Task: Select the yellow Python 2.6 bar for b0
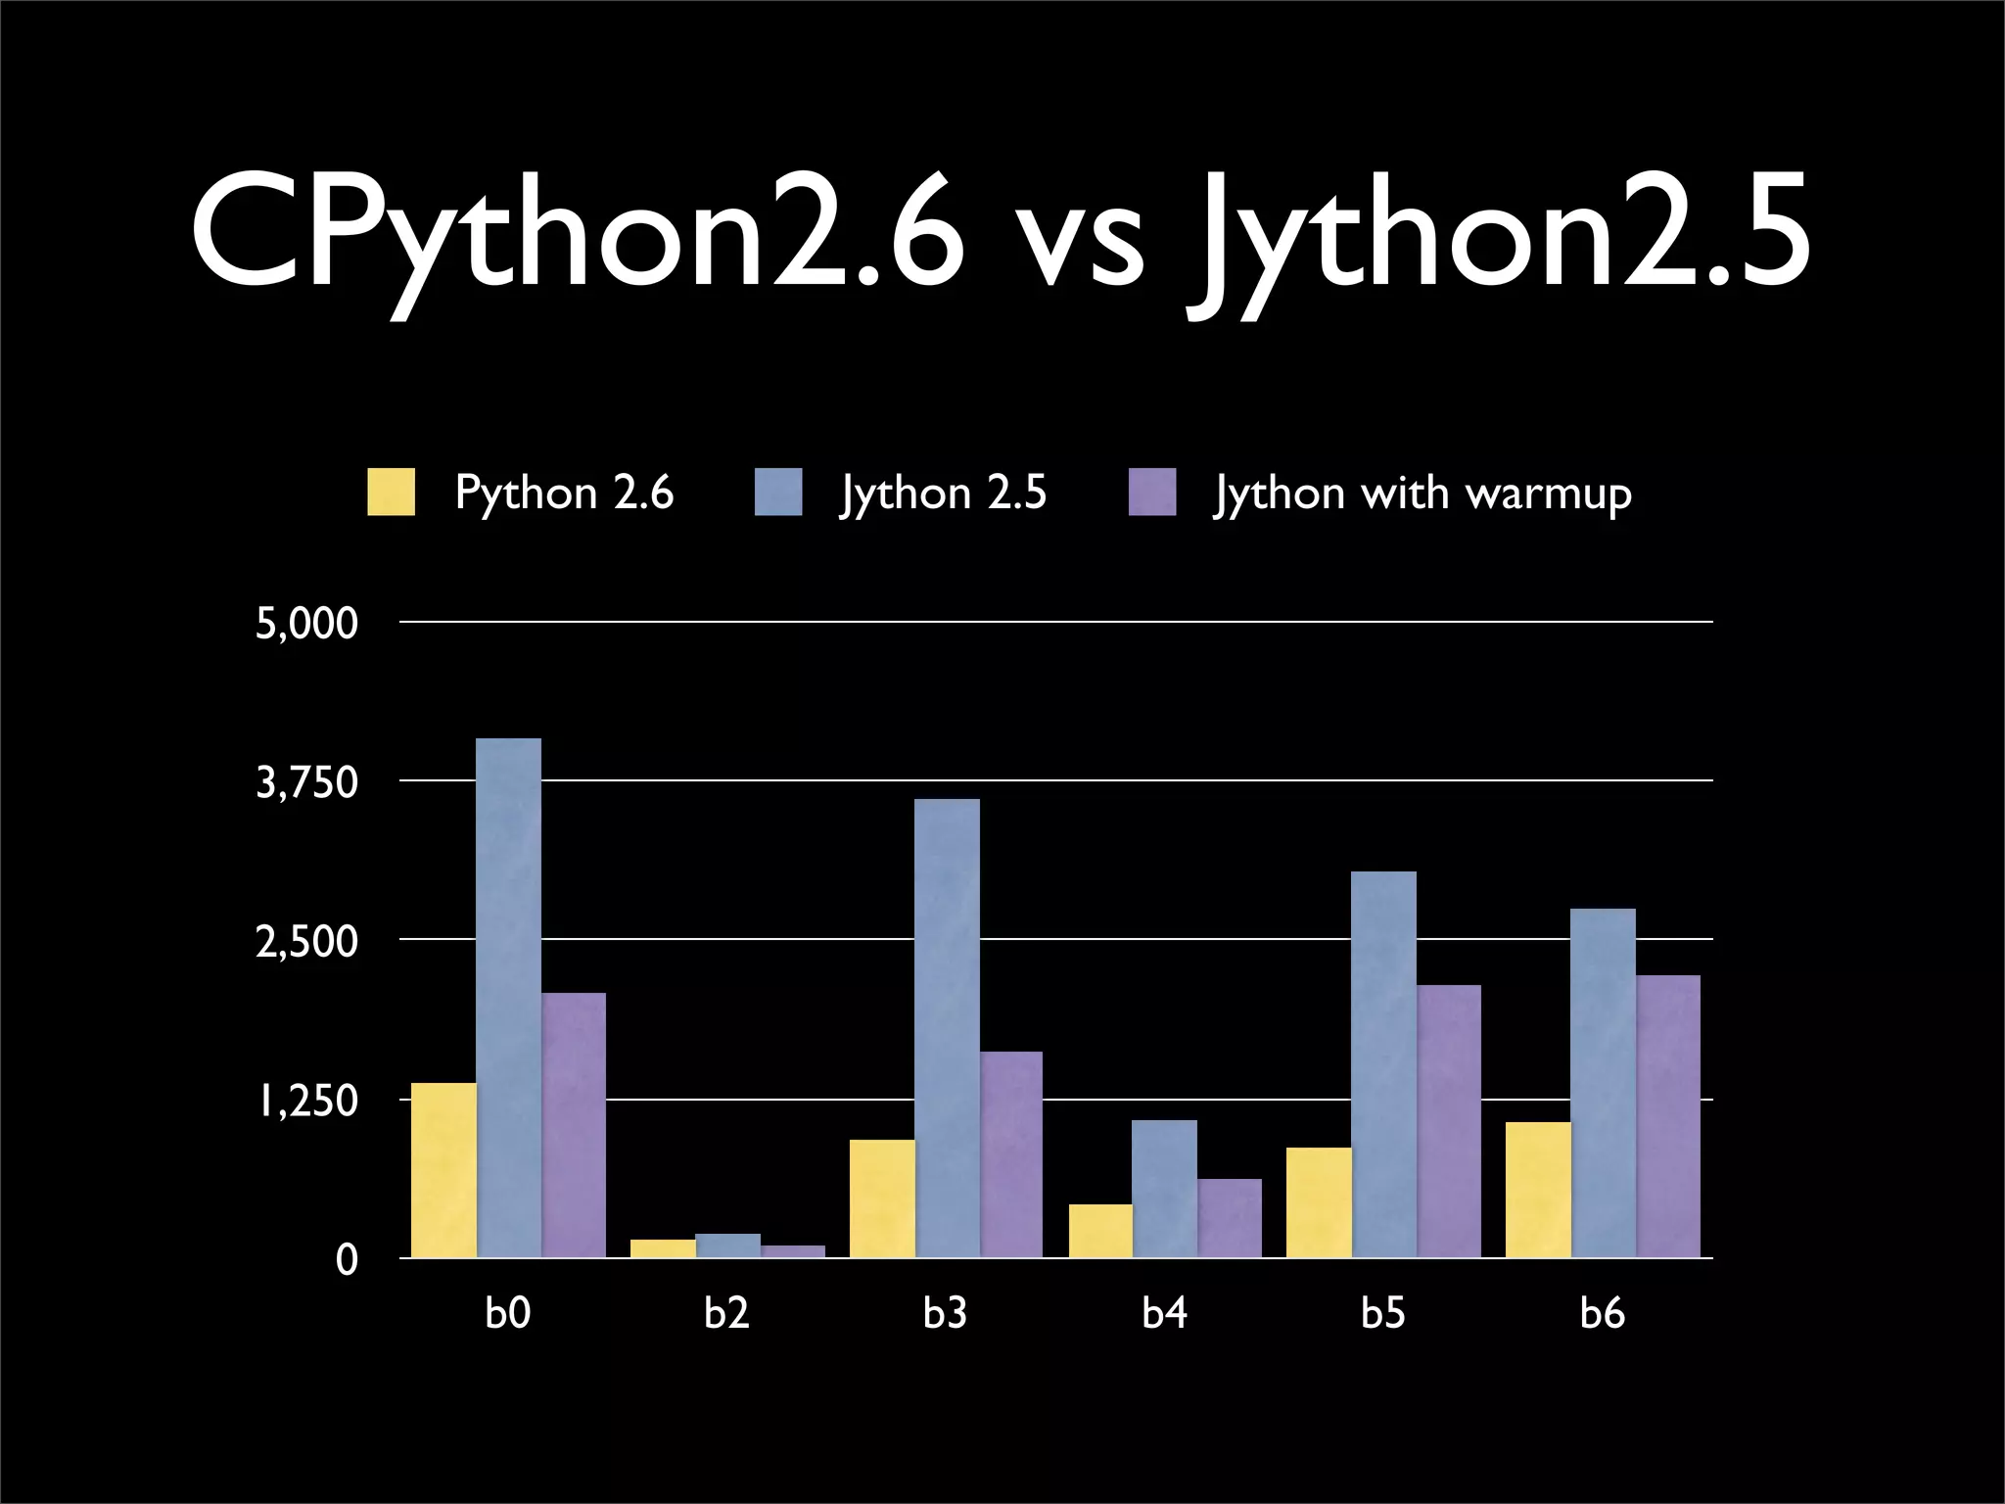[x=443, y=1169]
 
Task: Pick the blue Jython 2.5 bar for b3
[x=947, y=1028]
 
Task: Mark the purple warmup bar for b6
[x=1668, y=1115]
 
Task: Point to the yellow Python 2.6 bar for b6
[x=1538, y=1189]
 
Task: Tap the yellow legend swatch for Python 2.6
[x=391, y=492]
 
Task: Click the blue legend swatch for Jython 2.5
[x=778, y=492]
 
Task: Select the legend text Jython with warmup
[x=1422, y=493]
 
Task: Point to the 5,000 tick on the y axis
[x=306, y=624]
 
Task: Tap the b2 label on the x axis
[x=726, y=1312]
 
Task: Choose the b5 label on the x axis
[x=1383, y=1312]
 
